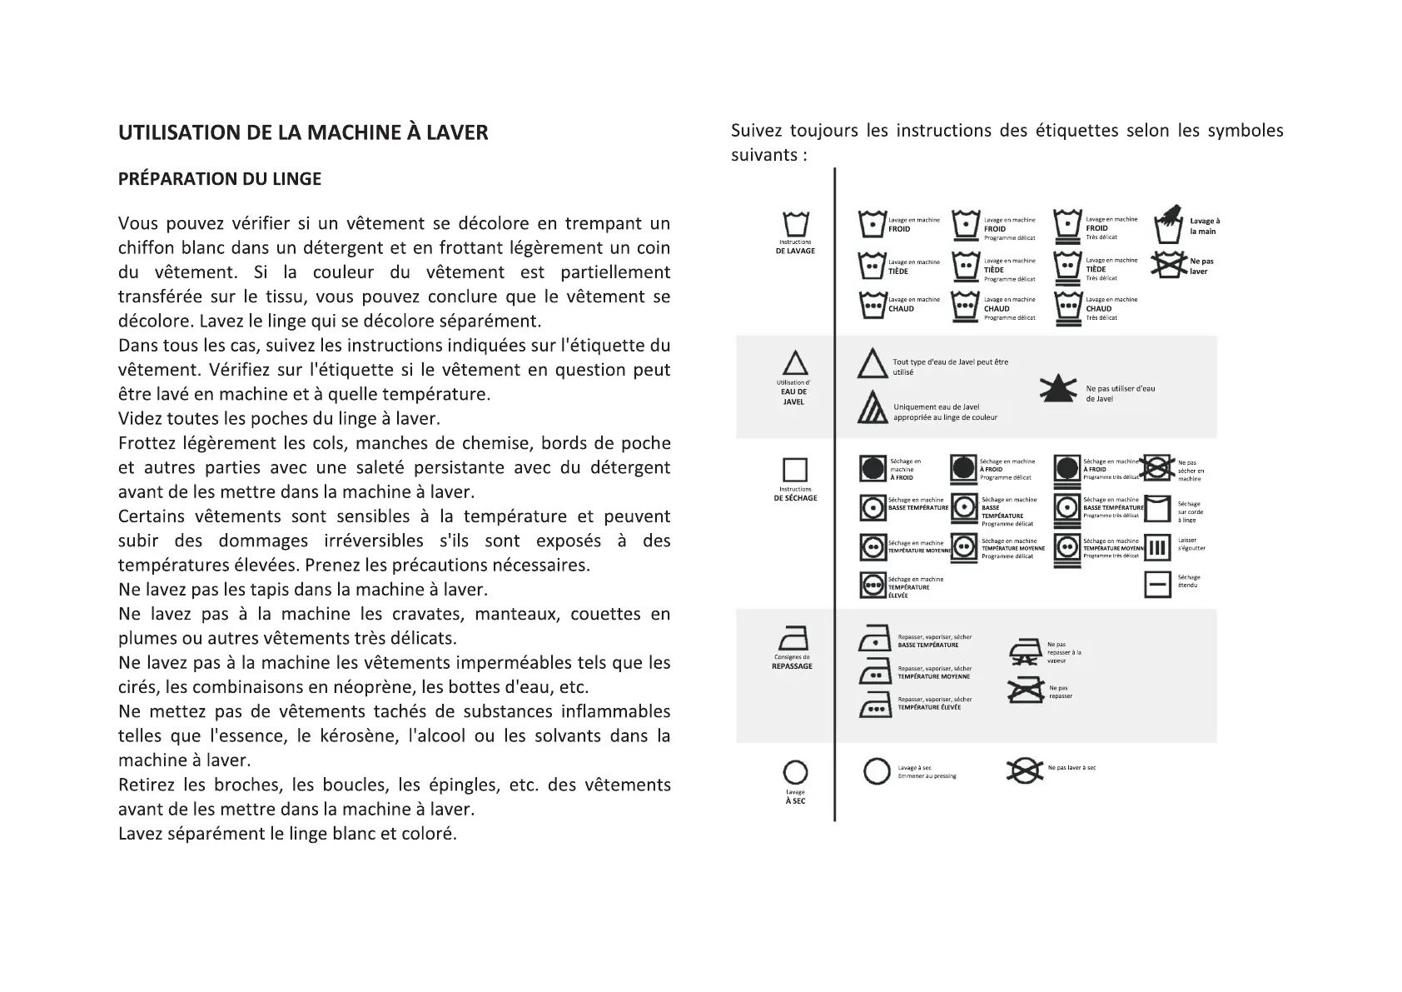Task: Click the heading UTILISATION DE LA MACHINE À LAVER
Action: [x=303, y=132]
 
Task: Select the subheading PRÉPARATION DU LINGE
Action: [x=220, y=179]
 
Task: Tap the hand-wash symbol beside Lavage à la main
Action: [x=1168, y=225]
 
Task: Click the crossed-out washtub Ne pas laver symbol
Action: [x=1168, y=266]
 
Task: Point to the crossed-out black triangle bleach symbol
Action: [x=1058, y=388]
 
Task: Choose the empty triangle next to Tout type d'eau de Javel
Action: [x=873, y=365]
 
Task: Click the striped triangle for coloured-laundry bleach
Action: [x=873, y=407]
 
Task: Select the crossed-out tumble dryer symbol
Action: [x=1157, y=468]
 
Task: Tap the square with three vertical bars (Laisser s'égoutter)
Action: [x=1158, y=548]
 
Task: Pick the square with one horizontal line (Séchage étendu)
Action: [x=1158, y=585]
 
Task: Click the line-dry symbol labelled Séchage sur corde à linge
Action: [x=1158, y=508]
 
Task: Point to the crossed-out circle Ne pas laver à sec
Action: [x=1024, y=770]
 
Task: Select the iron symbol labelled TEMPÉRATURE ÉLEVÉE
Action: [x=875, y=705]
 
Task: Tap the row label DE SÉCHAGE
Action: [x=795, y=498]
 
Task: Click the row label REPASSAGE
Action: [x=792, y=666]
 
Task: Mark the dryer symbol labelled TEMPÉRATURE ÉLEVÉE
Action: [x=873, y=586]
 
